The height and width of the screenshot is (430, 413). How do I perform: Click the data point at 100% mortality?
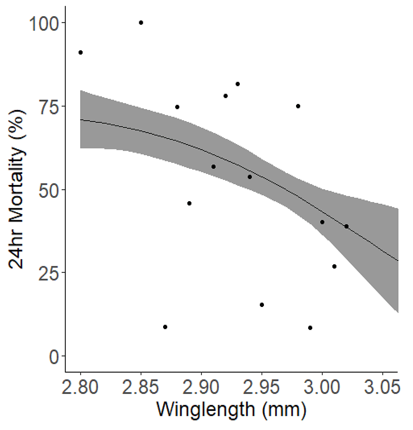tap(141, 23)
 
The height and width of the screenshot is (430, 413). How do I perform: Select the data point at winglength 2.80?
tap(81, 52)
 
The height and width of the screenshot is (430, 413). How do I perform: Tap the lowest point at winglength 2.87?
tap(165, 327)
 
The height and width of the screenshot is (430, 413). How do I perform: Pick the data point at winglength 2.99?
tap(310, 328)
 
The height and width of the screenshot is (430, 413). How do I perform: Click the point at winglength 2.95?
tap(262, 305)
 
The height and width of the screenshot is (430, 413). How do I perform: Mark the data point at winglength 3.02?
tap(347, 226)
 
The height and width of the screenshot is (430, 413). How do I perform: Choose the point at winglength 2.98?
tap(298, 106)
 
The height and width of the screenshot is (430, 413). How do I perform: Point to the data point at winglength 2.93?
tap(237, 84)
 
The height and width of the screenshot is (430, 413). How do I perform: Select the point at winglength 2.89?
tap(189, 203)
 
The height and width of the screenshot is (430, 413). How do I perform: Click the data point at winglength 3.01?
tap(335, 266)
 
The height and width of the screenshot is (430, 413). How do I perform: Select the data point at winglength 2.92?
tap(225, 96)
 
